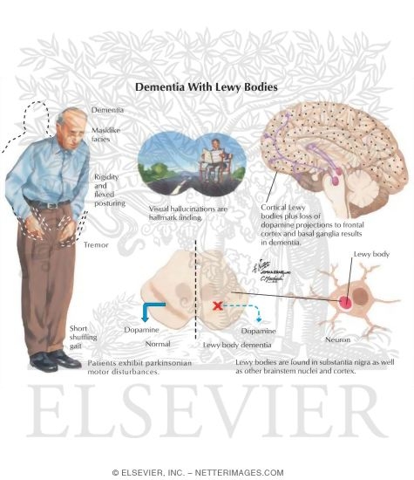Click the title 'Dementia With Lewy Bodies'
click(207, 87)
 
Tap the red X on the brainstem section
click(218, 305)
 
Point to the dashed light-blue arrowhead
click(259, 319)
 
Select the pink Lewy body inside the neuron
click(346, 303)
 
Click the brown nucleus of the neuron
click(360, 296)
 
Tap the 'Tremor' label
click(96, 245)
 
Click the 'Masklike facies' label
click(105, 134)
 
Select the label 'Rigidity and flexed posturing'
click(110, 190)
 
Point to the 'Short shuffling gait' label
click(83, 337)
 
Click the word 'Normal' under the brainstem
click(158, 344)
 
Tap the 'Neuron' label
click(338, 339)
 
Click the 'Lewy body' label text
click(371, 254)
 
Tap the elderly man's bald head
click(72, 115)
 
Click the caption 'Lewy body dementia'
click(237, 345)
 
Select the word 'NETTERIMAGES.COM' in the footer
click(239, 473)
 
